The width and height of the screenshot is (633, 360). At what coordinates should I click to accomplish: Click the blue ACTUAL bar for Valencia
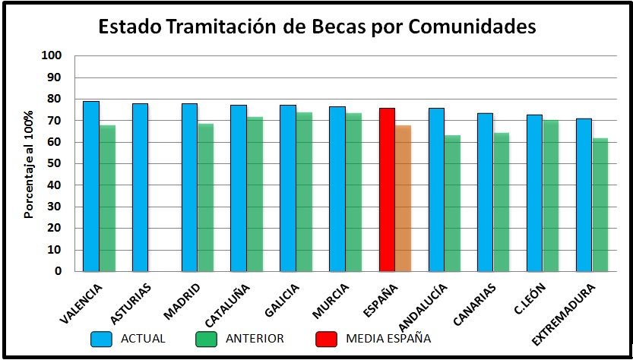(x=91, y=186)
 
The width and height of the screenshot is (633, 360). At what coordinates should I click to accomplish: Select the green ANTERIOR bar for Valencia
(x=108, y=198)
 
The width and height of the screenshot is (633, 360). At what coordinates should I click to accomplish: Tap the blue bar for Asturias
(x=140, y=188)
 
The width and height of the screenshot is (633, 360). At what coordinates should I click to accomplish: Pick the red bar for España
(x=387, y=190)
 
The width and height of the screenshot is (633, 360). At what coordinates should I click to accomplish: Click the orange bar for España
(x=404, y=198)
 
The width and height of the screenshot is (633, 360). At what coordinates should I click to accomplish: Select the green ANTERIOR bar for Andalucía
(x=453, y=203)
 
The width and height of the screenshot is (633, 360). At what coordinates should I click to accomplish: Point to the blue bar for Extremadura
(x=584, y=194)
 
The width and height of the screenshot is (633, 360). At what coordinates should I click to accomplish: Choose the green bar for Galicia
(x=305, y=191)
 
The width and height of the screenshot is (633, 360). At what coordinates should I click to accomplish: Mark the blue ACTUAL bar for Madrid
(x=190, y=188)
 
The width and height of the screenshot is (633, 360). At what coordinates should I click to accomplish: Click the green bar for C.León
(x=551, y=195)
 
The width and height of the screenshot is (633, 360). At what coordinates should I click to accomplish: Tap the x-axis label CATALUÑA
(x=228, y=305)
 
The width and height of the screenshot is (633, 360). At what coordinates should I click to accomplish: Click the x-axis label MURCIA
(x=331, y=301)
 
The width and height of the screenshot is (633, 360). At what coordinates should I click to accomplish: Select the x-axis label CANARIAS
(x=475, y=305)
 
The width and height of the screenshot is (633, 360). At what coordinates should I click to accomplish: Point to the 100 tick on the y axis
(x=51, y=55)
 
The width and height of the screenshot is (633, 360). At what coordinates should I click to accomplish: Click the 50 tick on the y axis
(x=55, y=163)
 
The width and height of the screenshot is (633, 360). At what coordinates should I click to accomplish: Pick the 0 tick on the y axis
(x=58, y=271)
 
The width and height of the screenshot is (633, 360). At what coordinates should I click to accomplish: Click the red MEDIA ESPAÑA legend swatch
(x=326, y=339)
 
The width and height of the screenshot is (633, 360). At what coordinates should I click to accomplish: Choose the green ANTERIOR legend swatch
(x=206, y=339)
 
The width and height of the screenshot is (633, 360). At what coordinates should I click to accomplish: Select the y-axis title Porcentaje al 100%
(x=29, y=164)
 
